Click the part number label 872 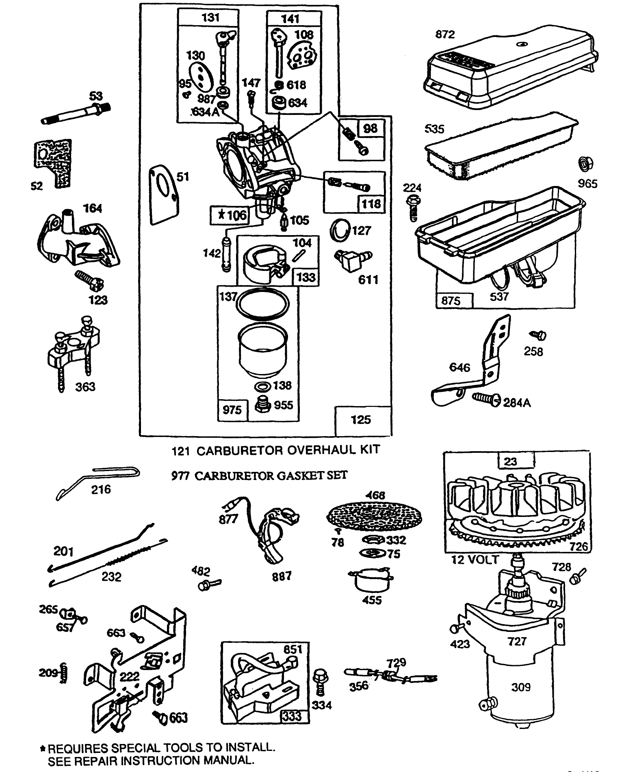(445, 35)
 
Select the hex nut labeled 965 (585, 165)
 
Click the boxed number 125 (360, 420)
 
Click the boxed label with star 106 (228, 215)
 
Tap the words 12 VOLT (475, 560)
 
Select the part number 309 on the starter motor (520, 687)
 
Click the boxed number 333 (292, 716)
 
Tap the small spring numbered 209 (64, 673)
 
